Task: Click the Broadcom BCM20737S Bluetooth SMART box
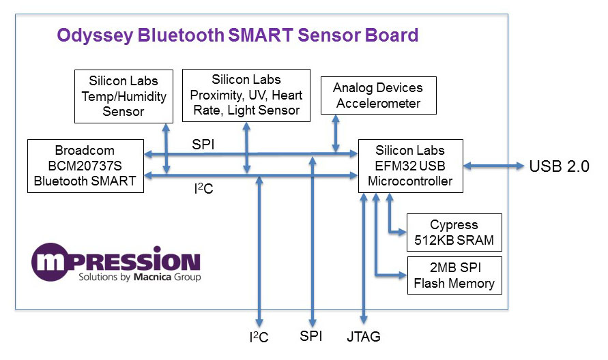click(85, 166)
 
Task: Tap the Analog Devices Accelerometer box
click(377, 95)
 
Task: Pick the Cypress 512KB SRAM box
click(454, 232)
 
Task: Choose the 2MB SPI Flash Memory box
click(454, 275)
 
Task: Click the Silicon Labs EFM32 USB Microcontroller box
click(410, 166)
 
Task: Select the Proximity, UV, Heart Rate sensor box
click(246, 95)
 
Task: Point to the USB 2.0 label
click(558, 166)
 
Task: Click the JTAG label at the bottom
click(364, 336)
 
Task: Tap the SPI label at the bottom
click(312, 336)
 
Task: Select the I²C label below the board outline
click(259, 337)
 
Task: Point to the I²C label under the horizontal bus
click(204, 189)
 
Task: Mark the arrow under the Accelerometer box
click(335, 134)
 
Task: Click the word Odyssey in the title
click(94, 35)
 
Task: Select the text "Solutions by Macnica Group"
click(139, 277)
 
